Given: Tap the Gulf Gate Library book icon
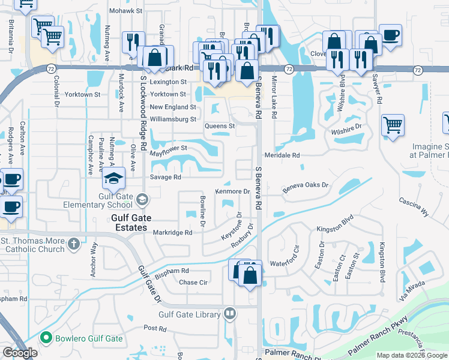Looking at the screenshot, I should [x=229, y=314].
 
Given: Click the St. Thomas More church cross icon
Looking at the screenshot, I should [x=73, y=244].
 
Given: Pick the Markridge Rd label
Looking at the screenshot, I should [x=172, y=232].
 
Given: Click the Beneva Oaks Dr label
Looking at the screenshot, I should [x=306, y=186].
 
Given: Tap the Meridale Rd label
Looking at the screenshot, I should [x=287, y=155].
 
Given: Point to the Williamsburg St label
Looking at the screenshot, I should [x=173, y=119].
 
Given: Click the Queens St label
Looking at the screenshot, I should [x=219, y=127].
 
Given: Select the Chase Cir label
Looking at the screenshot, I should [x=193, y=283].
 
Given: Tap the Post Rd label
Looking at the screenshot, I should [x=155, y=328].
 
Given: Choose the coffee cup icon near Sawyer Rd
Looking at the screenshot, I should [x=390, y=35].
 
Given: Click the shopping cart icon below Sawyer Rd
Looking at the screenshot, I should [x=393, y=126].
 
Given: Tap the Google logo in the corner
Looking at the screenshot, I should [x=20, y=353].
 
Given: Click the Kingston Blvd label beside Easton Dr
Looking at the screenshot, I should [x=333, y=229].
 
